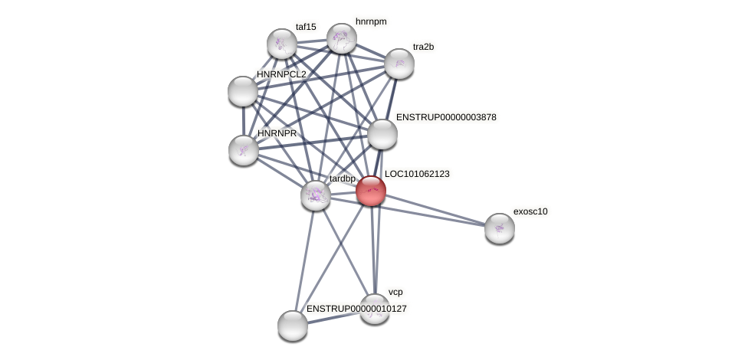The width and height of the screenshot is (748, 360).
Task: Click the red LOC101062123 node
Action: (x=371, y=191)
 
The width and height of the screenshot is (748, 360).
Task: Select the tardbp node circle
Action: (x=316, y=195)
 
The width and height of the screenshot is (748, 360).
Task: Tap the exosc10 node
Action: (x=500, y=228)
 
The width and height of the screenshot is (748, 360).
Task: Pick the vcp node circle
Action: (x=375, y=309)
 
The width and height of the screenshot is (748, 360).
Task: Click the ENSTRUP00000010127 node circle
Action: (x=293, y=326)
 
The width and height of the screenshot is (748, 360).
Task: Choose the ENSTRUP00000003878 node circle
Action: (x=382, y=134)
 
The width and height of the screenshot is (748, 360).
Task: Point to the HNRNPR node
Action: (x=244, y=150)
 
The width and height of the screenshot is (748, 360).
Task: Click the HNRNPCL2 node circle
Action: (x=243, y=91)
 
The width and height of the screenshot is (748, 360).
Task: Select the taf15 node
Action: (x=282, y=44)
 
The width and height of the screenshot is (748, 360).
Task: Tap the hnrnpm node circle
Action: (x=342, y=38)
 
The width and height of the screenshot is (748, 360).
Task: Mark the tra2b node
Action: (x=399, y=64)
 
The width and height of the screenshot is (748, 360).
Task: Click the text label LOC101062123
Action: (x=417, y=174)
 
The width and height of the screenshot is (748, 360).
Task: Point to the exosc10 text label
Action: (x=530, y=211)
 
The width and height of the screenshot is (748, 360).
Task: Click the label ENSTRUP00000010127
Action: (x=356, y=309)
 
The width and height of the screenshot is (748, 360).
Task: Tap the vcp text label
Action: (x=395, y=292)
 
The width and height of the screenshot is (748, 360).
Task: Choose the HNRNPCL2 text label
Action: (x=281, y=74)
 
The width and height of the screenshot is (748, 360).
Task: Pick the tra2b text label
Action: (x=423, y=47)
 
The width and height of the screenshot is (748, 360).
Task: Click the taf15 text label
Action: (x=306, y=27)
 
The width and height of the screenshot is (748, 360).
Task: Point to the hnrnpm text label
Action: (x=371, y=21)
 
